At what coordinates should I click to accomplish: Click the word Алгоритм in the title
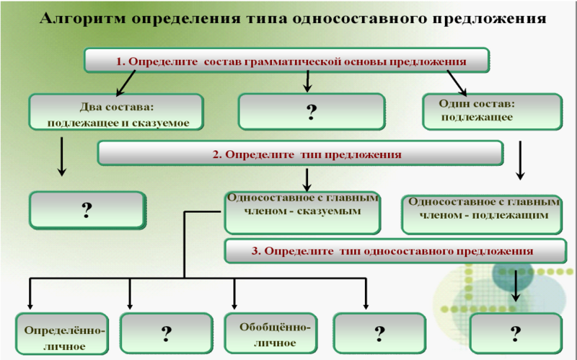(82, 19)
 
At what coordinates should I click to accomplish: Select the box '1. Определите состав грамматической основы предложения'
(286, 60)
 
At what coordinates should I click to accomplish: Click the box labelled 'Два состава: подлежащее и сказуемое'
(116, 112)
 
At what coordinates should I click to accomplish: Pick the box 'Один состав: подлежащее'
(493, 112)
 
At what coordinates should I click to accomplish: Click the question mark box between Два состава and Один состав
(312, 112)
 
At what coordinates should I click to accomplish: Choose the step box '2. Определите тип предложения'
(300, 153)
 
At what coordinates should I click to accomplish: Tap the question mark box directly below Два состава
(87, 210)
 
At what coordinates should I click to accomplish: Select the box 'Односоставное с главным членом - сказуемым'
(302, 213)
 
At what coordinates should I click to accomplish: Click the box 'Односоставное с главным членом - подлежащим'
(482, 215)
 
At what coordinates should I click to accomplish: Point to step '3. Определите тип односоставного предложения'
(395, 251)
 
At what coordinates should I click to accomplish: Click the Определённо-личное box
(62, 333)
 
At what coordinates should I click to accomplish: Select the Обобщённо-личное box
(271, 333)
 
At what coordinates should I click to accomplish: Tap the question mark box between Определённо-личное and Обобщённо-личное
(167, 333)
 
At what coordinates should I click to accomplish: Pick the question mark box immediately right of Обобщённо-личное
(379, 333)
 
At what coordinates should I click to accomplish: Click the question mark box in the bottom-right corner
(516, 333)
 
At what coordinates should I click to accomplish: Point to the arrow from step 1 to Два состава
(125, 83)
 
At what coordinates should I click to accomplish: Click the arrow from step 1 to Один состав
(457, 83)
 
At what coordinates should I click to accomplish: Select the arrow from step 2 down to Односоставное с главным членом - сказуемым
(307, 180)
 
